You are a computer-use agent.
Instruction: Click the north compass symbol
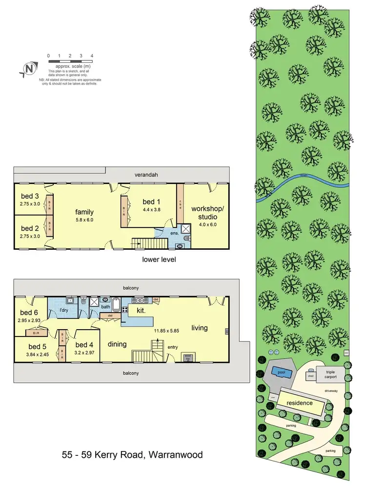click(30, 69)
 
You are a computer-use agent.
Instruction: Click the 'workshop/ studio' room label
click(204, 213)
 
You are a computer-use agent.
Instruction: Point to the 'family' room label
click(84, 212)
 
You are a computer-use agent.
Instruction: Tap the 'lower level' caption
click(159, 260)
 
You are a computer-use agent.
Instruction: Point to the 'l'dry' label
click(63, 310)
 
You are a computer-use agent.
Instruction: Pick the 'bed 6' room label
click(29, 312)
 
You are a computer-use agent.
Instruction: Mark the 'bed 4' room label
click(84, 345)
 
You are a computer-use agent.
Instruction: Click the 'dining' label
click(117, 344)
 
